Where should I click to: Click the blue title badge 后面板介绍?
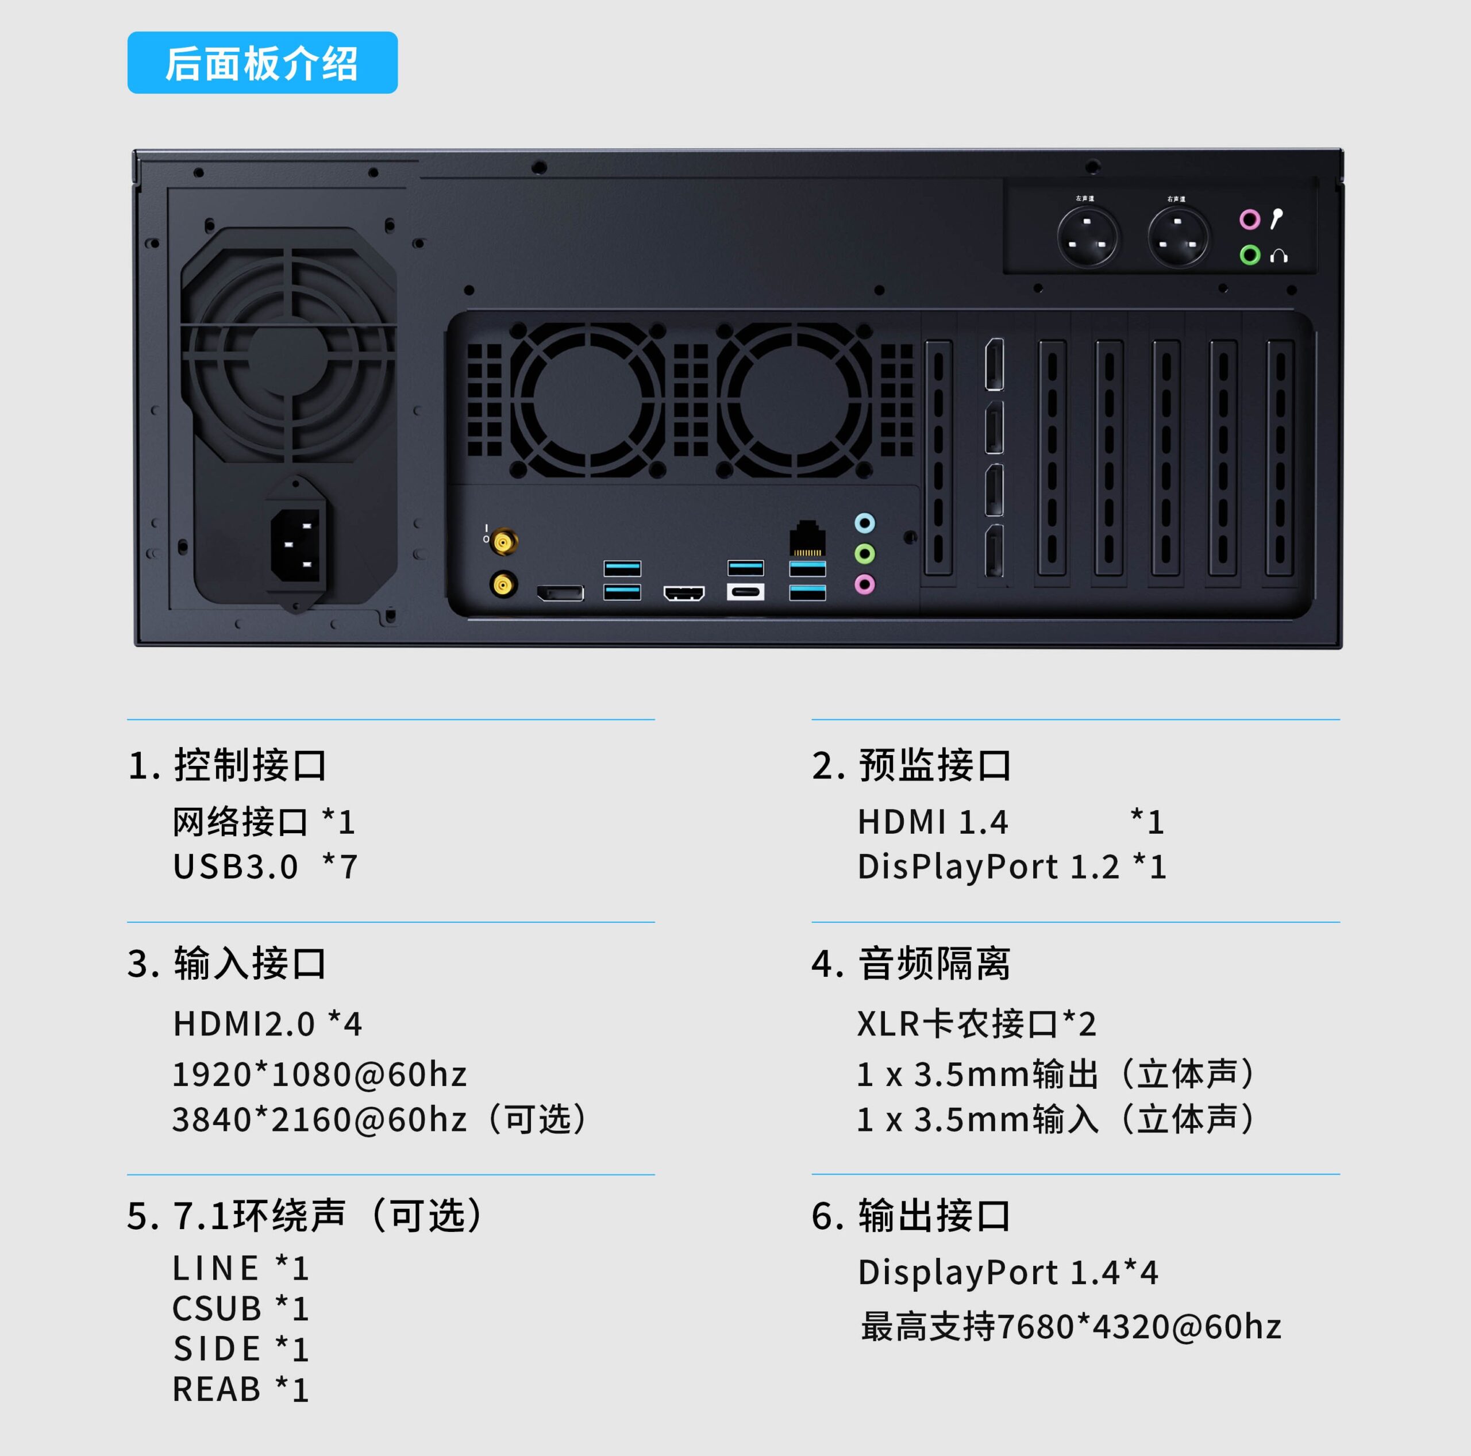(x=262, y=63)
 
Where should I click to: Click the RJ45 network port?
(x=807, y=540)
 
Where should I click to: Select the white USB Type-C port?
(x=745, y=592)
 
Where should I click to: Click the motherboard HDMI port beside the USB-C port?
(x=684, y=592)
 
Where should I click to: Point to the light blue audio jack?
(x=865, y=523)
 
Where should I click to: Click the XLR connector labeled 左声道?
(x=1087, y=237)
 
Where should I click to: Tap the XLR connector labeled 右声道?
(x=1178, y=237)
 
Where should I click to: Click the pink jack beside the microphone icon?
(x=1249, y=220)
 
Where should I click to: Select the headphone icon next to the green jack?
(x=1279, y=256)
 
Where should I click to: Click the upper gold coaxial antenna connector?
(x=503, y=542)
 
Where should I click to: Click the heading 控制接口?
(x=251, y=765)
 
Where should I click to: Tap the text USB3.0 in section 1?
(x=235, y=866)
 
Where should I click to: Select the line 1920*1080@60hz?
(x=319, y=1074)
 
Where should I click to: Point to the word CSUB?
(x=217, y=1309)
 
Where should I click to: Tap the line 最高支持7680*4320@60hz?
(x=1070, y=1327)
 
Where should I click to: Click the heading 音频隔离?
(x=934, y=964)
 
